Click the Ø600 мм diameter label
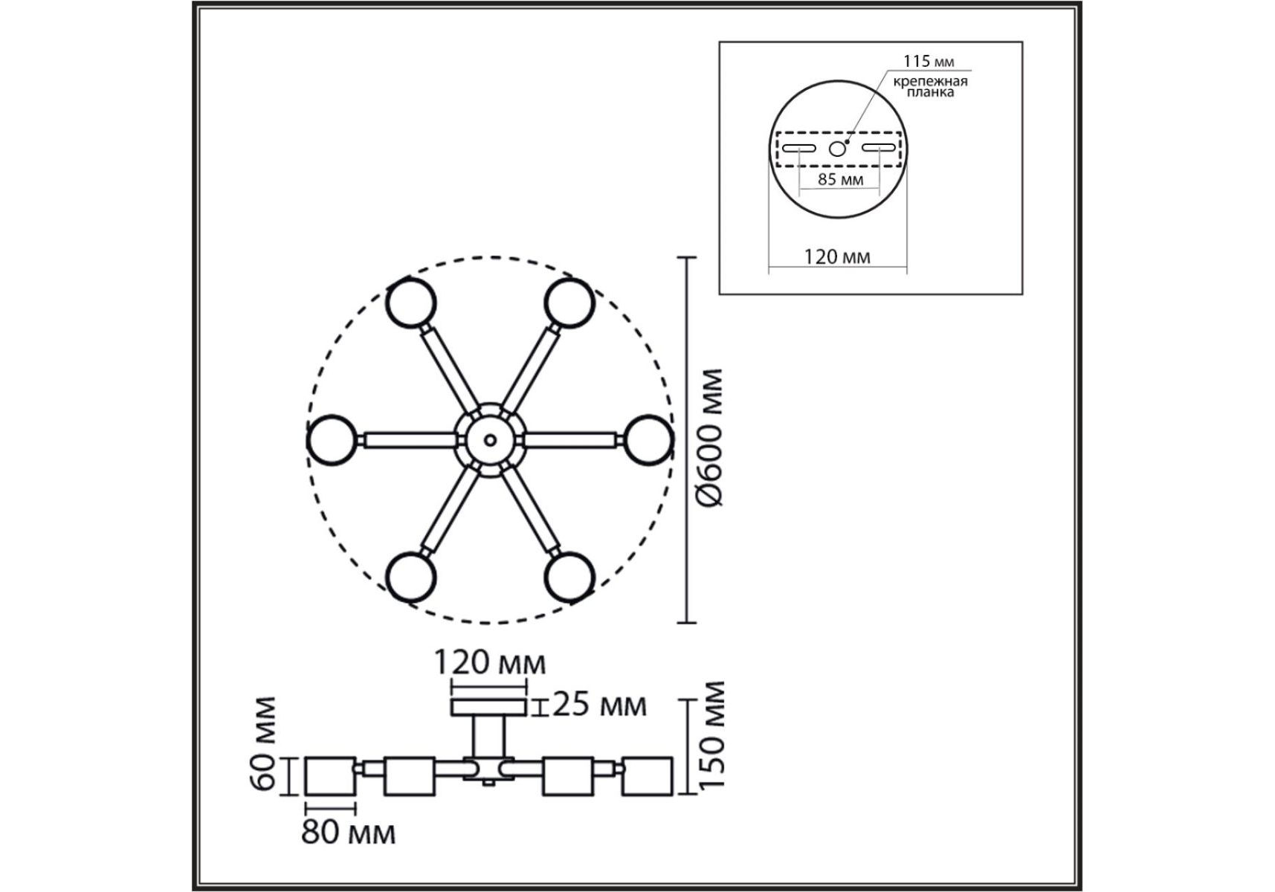[x=711, y=439]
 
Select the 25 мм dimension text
[x=600, y=705]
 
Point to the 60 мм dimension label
[x=265, y=743]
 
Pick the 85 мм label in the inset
[x=840, y=179]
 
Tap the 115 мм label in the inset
[x=929, y=62]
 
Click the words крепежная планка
[x=931, y=86]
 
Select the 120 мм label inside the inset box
[x=837, y=257]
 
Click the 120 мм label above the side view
[x=489, y=662]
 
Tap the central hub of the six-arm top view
[x=489, y=439]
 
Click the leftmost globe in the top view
[x=333, y=440]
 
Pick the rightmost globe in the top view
[x=648, y=440]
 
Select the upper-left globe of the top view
[x=411, y=303]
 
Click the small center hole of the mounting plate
[x=838, y=148]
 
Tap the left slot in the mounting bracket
[x=799, y=148]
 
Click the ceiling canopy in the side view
[x=488, y=707]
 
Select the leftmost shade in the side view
[x=331, y=776]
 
